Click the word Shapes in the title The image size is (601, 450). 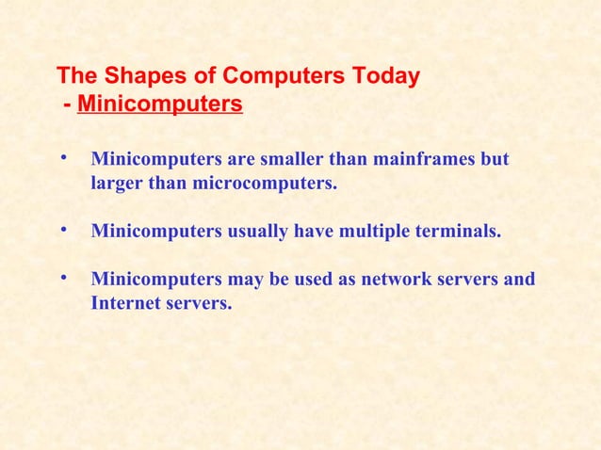click(x=138, y=76)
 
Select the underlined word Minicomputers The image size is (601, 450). click(x=160, y=103)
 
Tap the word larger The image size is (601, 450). click(x=118, y=183)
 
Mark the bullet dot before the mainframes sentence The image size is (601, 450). click(x=62, y=158)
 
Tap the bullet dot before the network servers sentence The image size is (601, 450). click(x=62, y=278)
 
